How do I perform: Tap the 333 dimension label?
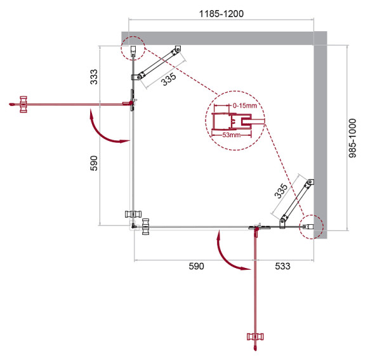pyautogui.click(x=94, y=77)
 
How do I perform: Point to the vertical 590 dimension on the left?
pyautogui.click(x=94, y=164)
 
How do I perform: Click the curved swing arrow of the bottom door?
pyautogui.click(x=230, y=253)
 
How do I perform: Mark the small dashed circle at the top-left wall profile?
pyautogui.click(x=133, y=47)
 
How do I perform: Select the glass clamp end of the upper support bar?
pyautogui.click(x=136, y=77)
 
